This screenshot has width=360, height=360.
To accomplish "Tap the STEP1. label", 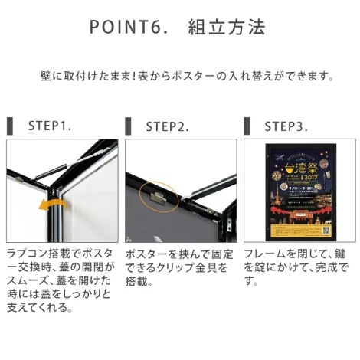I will point(50,125).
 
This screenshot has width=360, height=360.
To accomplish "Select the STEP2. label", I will point(168,125).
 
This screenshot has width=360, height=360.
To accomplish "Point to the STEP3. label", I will point(286,125).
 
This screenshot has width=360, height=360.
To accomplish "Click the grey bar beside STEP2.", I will point(127,125).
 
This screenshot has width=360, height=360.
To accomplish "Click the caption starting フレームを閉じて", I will point(297,267).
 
